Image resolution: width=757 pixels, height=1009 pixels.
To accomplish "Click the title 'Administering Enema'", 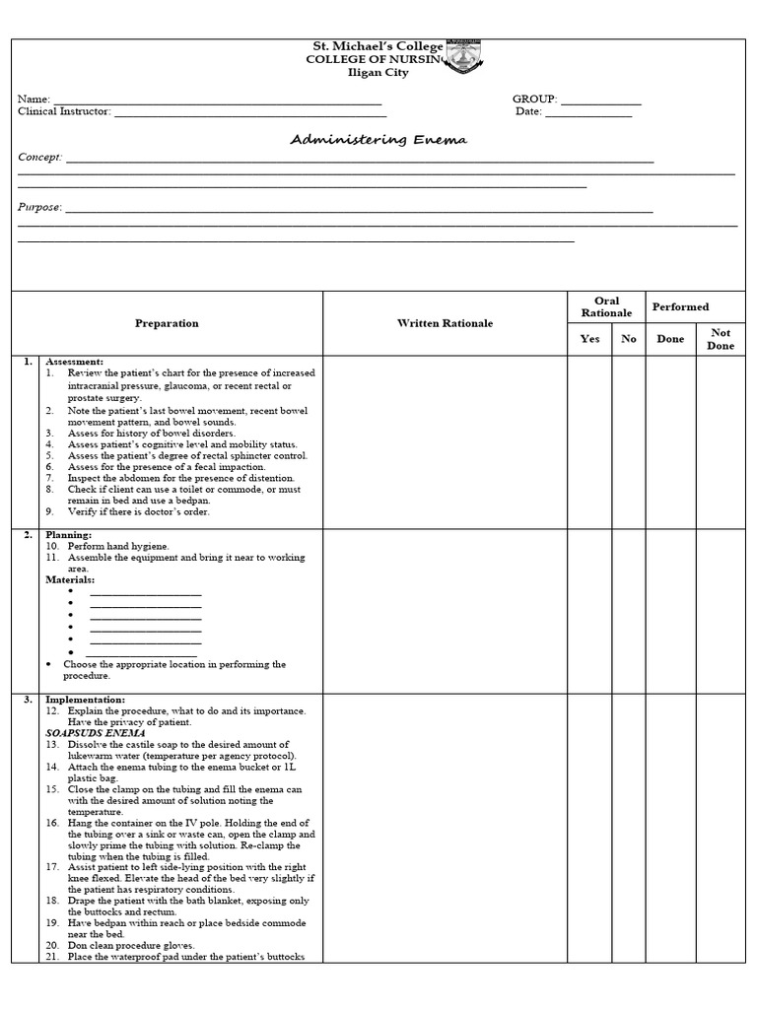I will [378, 140].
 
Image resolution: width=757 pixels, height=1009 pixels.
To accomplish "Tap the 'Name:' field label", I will [34, 100].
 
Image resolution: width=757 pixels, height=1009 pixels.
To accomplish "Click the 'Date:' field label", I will [528, 112].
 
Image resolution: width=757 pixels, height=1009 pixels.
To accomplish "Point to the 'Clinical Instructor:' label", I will [64, 112].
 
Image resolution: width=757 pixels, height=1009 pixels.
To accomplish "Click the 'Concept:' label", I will [39, 158].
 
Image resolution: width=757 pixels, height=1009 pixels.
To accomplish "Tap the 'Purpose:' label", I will [39, 208].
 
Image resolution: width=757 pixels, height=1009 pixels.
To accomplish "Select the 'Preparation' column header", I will [167, 323].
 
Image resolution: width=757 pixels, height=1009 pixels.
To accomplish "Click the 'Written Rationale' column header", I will [445, 323].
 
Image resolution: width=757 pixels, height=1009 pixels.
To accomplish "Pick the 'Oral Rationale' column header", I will [606, 307].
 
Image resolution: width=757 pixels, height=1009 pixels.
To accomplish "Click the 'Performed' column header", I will [680, 307].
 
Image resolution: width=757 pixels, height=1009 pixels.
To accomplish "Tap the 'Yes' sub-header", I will [589, 339].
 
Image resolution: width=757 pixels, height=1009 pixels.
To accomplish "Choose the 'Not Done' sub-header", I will [721, 339].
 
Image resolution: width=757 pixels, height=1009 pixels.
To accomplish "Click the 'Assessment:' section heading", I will [74, 362].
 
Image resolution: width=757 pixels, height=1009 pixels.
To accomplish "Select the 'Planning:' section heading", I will [68, 535].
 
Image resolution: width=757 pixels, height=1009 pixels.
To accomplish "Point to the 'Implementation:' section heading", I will [85, 700].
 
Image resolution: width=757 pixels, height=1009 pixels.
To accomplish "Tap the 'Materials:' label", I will [71, 580].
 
